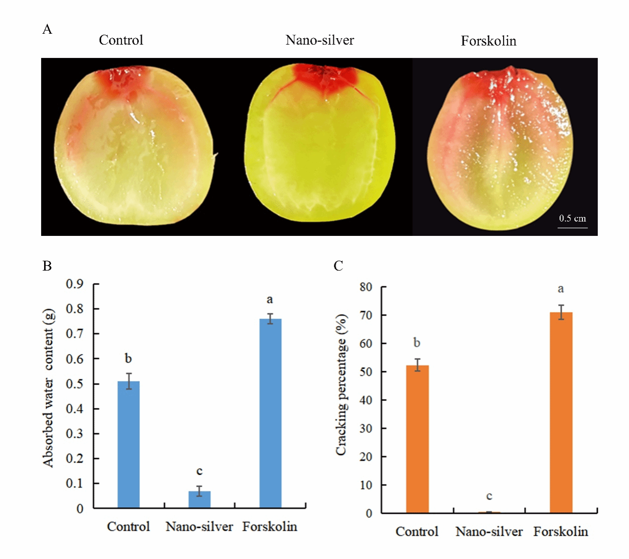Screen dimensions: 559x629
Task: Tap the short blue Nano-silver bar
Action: coord(199,499)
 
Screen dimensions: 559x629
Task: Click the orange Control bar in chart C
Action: coord(417,439)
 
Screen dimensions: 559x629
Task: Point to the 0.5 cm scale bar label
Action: coord(572,218)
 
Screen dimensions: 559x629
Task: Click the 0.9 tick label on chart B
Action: coord(74,284)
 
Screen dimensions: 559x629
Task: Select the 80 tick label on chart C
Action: coord(366,287)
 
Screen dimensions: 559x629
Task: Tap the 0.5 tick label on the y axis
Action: coord(74,384)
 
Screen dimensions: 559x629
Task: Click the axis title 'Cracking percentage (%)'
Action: coord(341,385)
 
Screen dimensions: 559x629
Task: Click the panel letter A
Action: coord(47,29)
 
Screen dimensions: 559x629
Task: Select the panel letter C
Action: coord(338,266)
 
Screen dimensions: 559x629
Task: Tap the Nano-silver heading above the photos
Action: coord(320,40)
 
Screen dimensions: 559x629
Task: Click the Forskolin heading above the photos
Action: coord(489,41)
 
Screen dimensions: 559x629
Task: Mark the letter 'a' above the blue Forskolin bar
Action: coord(270,299)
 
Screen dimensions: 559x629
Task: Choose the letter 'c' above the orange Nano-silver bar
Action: coord(489,496)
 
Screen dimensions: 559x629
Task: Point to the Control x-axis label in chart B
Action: coord(128,526)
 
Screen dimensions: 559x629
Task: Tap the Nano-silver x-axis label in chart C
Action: coord(489,532)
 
